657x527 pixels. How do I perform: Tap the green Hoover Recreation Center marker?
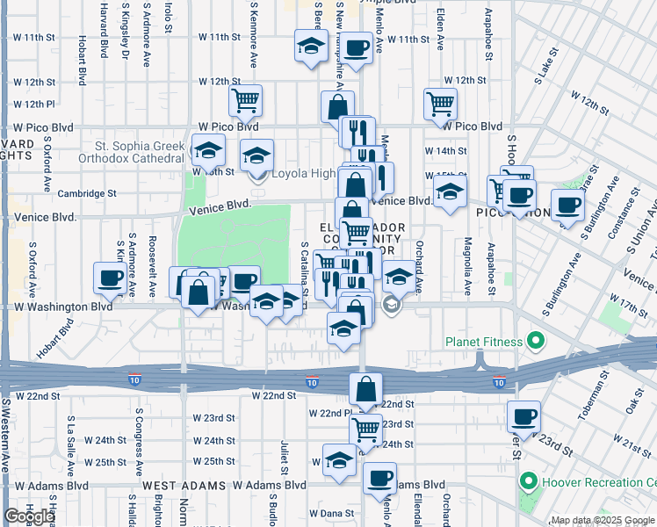528,481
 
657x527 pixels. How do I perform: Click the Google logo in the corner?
29,516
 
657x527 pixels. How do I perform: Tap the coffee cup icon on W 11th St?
356,49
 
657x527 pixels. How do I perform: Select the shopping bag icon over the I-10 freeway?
365,388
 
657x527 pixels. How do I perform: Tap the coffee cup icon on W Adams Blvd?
379,478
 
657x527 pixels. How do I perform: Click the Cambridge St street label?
87,193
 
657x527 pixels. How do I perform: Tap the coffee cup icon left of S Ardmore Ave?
111,278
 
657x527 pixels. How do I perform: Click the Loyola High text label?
303,173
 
